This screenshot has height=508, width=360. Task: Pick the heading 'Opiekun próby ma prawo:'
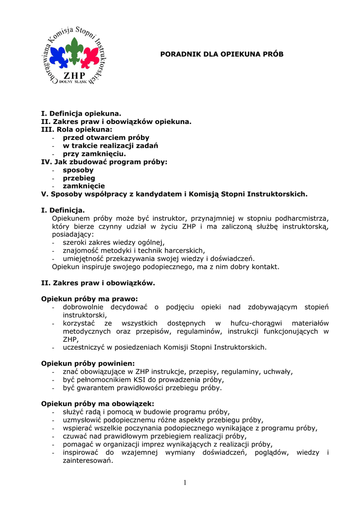coord(89,299)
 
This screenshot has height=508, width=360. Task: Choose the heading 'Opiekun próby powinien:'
coord(88,363)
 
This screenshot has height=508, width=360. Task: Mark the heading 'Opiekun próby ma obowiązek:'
coord(97,403)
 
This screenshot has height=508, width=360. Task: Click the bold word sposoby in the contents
coord(78,170)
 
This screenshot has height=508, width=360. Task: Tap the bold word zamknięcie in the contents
coord(83,186)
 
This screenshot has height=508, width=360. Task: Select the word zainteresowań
coord(88,460)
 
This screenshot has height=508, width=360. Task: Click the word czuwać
coord(74,436)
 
